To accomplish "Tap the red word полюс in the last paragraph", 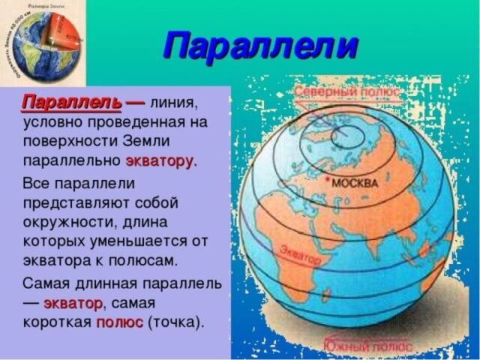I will [x=119, y=322].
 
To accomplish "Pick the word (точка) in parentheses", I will [x=175, y=322].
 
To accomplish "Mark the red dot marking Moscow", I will [x=328, y=180].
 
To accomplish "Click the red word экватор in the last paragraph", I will [x=73, y=303].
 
